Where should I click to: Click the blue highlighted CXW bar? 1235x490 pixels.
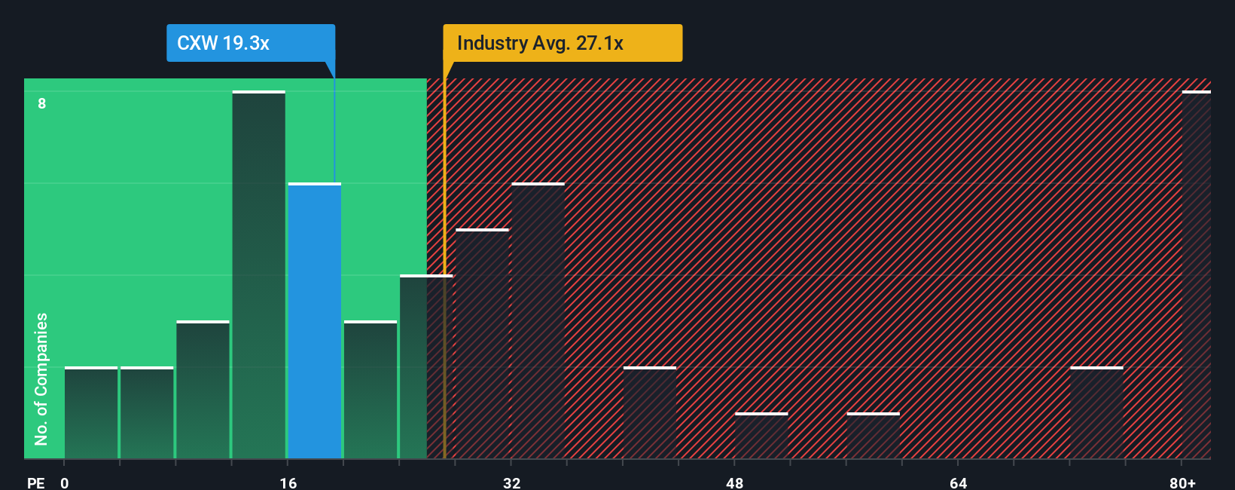315,320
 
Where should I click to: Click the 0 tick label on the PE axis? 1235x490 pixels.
65,482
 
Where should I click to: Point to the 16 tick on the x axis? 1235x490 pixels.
288,482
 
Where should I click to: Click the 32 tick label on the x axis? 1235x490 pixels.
512,482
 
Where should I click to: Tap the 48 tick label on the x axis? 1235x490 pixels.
735,482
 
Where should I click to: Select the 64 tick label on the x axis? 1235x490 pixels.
958,482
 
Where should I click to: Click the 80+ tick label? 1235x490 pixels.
1182,482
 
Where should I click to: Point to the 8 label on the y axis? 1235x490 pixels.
42,103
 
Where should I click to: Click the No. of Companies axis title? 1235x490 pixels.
41,378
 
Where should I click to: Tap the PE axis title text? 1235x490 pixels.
36,482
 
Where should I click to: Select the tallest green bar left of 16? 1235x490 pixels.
258,275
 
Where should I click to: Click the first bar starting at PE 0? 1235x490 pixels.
91,413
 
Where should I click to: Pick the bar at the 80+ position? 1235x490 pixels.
1196,275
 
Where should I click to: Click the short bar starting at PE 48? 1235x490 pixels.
761,436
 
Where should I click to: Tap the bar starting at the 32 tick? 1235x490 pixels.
538,320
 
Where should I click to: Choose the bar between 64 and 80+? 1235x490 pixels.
1096,413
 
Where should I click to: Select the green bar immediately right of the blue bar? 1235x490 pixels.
370,390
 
